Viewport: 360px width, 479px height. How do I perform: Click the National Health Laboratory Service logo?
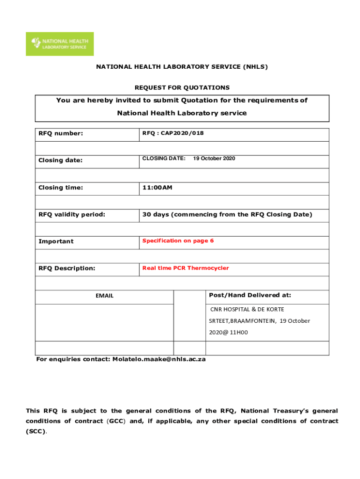(59, 44)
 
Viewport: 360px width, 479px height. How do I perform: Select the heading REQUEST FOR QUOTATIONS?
(182, 87)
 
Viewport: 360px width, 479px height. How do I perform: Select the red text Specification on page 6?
(178, 240)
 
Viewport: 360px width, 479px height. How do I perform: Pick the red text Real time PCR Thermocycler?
(186, 268)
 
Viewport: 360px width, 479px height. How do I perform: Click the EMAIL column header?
(105, 296)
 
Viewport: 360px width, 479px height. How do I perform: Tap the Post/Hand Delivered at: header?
(250, 295)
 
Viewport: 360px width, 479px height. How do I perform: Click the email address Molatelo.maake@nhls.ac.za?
(159, 359)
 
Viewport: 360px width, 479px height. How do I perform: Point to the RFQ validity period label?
(72, 215)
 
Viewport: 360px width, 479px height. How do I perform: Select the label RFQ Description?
(67, 268)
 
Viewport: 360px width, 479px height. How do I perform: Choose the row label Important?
(56, 241)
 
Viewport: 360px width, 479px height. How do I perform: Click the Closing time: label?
(61, 188)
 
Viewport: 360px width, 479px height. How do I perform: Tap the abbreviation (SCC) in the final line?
(36, 431)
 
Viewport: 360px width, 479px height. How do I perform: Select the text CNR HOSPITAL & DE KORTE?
(247, 309)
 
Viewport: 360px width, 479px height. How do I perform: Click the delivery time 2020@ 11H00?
(228, 333)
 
